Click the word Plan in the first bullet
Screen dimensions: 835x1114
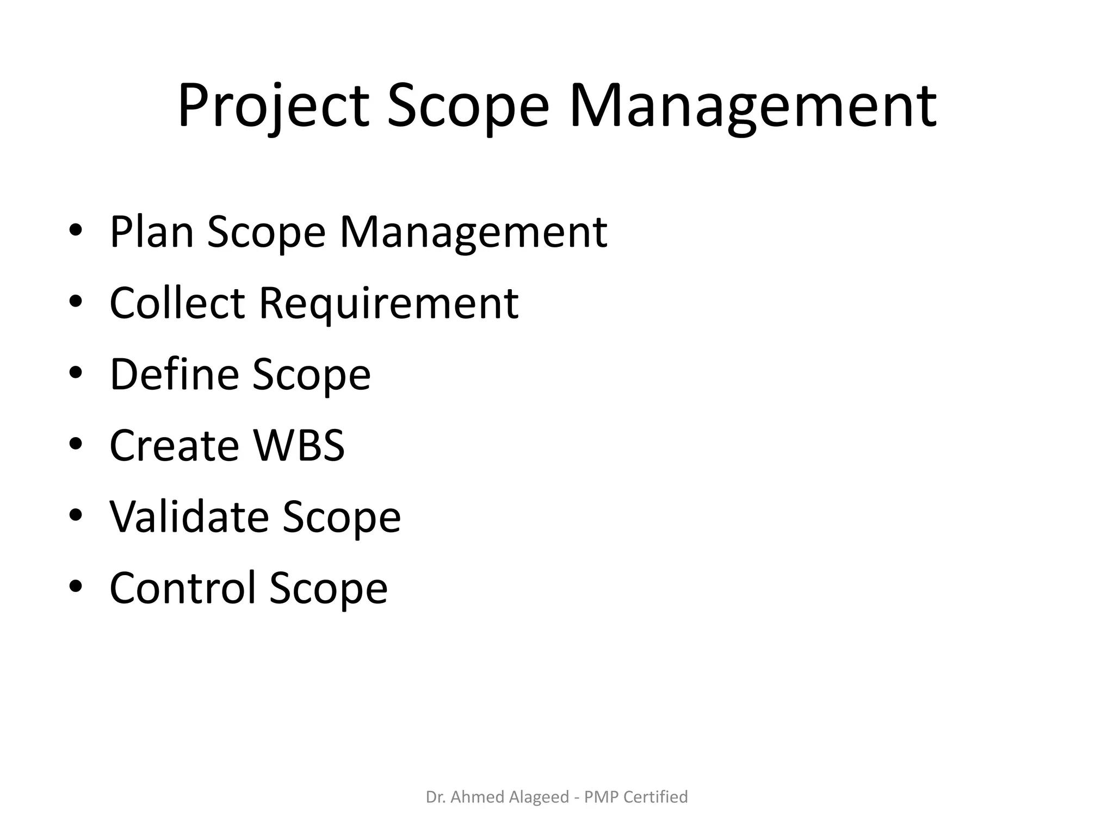[152, 232]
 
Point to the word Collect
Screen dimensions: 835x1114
[177, 303]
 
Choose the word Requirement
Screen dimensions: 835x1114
[388, 304]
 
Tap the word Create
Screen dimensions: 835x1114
[174, 445]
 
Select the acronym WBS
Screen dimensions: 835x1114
[299, 445]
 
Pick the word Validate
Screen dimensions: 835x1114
[189, 516]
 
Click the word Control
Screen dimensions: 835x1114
[182, 588]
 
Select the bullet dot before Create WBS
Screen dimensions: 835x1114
[76, 444]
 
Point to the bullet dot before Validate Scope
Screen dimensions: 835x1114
[76, 515]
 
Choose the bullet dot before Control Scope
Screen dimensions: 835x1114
[76, 586]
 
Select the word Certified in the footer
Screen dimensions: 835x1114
[655, 797]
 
